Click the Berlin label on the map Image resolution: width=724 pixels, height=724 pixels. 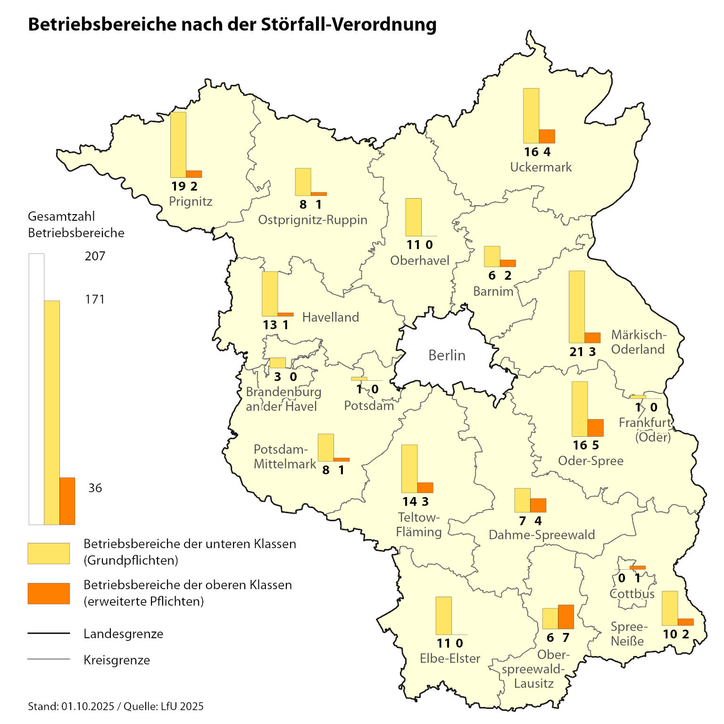click(447, 355)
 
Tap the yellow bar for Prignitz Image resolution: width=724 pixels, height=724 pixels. click(178, 144)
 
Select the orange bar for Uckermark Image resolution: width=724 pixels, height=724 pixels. click(547, 136)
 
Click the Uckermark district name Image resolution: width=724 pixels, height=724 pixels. click(541, 167)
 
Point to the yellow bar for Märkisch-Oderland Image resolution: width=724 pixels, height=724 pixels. click(577, 307)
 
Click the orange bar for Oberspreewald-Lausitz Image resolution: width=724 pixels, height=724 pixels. click(566, 616)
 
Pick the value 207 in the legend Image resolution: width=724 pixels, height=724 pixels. click(95, 256)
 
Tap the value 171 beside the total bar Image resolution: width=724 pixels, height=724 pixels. click(95, 300)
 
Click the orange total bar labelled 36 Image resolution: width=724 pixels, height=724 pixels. click(67, 501)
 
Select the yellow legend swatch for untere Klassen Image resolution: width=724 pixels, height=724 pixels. click(49, 553)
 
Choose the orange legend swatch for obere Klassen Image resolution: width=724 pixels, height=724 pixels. click(49, 593)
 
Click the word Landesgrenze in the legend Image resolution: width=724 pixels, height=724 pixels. click(123, 634)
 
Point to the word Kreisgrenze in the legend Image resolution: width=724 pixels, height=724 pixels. click(117, 660)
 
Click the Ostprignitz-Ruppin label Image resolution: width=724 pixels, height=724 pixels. click(312, 220)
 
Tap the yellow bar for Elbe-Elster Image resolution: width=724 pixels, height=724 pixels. click(444, 616)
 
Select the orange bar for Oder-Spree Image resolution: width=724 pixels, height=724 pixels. click(596, 428)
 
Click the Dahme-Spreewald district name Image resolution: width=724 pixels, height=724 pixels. click(541, 535)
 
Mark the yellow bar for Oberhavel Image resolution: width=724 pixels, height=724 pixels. click(414, 217)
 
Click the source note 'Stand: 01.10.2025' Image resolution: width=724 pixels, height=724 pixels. click(71, 706)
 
